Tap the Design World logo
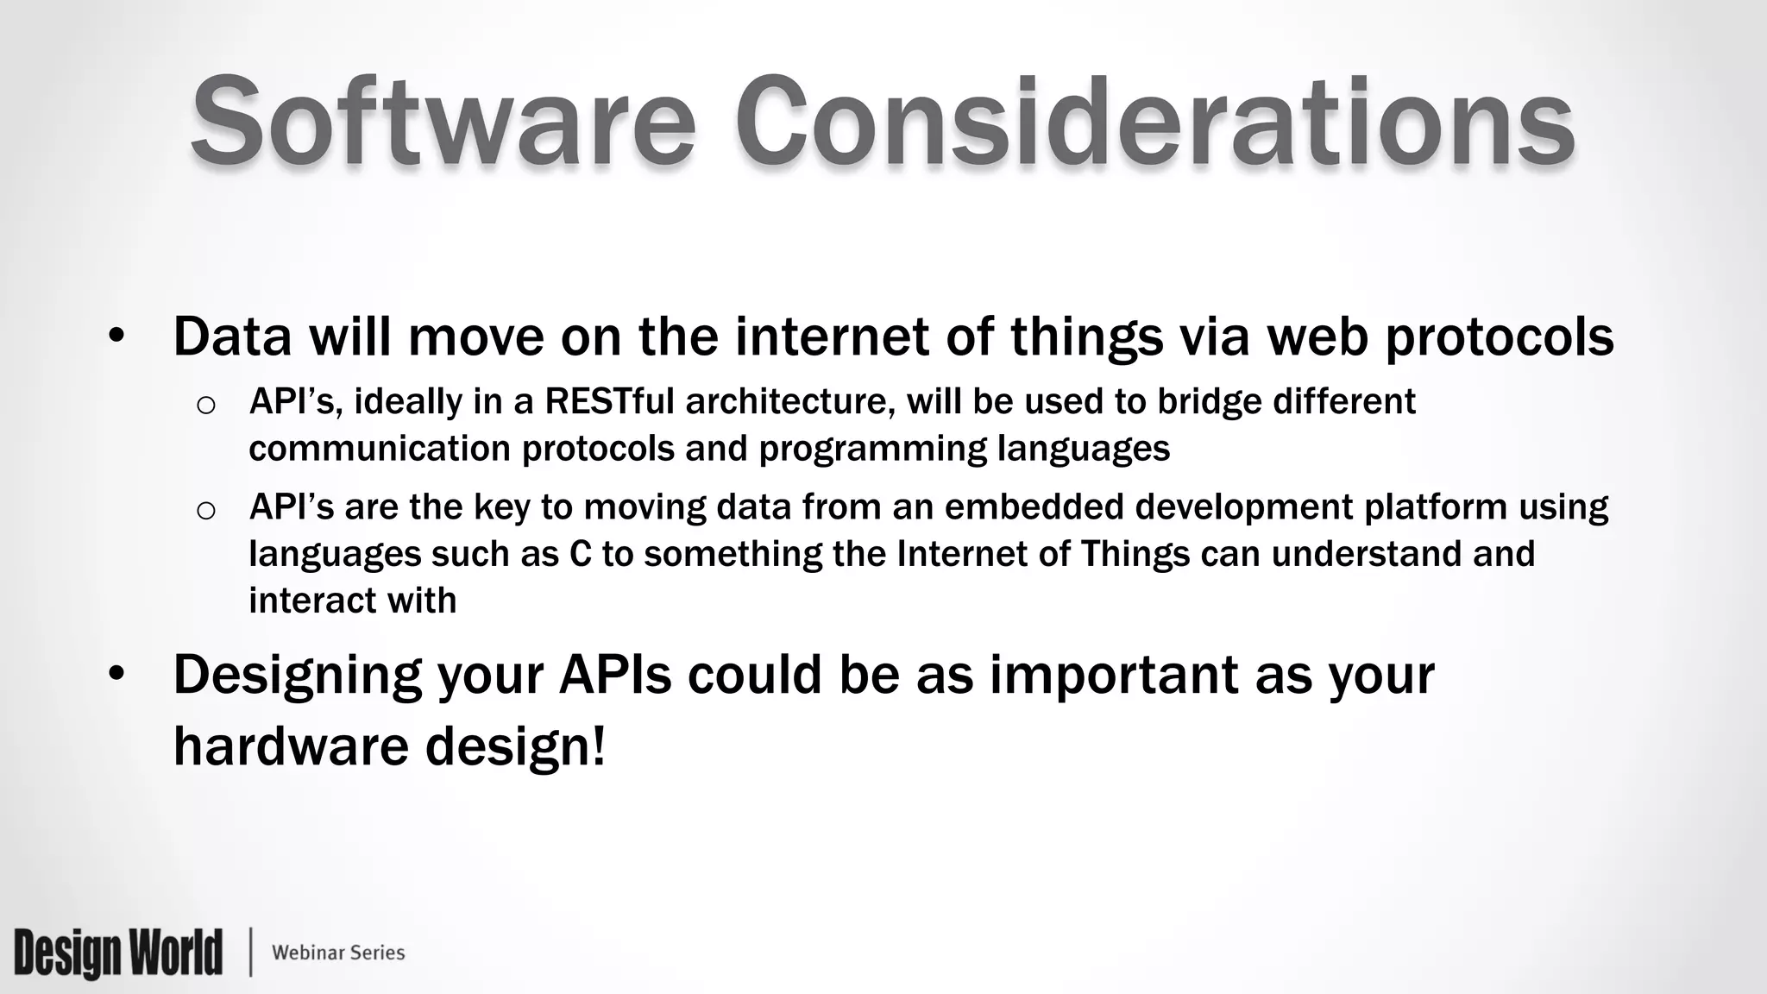tap(118, 953)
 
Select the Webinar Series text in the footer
tap(338, 953)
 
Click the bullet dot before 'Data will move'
tap(117, 337)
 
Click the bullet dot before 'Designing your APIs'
tap(117, 675)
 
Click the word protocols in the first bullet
tap(1500, 338)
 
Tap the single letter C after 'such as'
tap(581, 554)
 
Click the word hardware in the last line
tap(291, 746)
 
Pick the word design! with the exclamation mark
tap(516, 748)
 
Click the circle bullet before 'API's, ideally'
tap(205, 405)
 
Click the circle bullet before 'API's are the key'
tap(205, 510)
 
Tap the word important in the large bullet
tap(1114, 675)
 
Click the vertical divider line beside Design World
tap(251, 953)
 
